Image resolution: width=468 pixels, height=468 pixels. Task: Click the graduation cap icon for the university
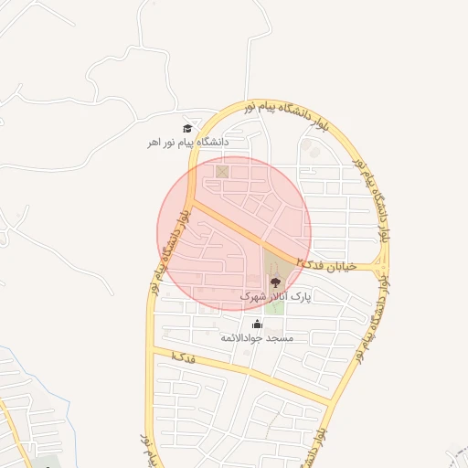tap(187, 129)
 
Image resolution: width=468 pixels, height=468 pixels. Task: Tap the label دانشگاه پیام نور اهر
tap(189, 143)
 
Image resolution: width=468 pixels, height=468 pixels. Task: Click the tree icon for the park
tap(276, 282)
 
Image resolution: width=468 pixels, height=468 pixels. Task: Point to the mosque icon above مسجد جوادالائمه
tap(257, 324)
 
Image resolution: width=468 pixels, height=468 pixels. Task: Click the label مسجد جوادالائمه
tap(257, 338)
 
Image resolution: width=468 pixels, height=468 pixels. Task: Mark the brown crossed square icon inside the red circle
tap(221, 171)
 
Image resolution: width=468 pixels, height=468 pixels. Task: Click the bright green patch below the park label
tap(274, 308)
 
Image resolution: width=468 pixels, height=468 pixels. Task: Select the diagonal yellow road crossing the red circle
tap(238, 229)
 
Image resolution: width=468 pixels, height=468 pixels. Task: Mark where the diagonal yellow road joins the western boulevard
tap(191, 202)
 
